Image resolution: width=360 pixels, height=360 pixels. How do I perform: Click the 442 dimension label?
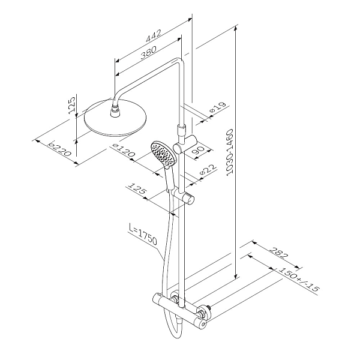154,35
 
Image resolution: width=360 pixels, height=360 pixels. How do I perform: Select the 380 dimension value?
148,53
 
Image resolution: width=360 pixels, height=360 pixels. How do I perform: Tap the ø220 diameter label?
60,149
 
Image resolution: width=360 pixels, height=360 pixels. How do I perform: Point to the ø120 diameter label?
123,151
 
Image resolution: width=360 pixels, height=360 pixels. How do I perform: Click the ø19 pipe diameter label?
219,107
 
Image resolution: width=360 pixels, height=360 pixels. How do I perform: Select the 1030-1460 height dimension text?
230,152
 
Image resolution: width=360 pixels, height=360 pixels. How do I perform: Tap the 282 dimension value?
278,253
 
